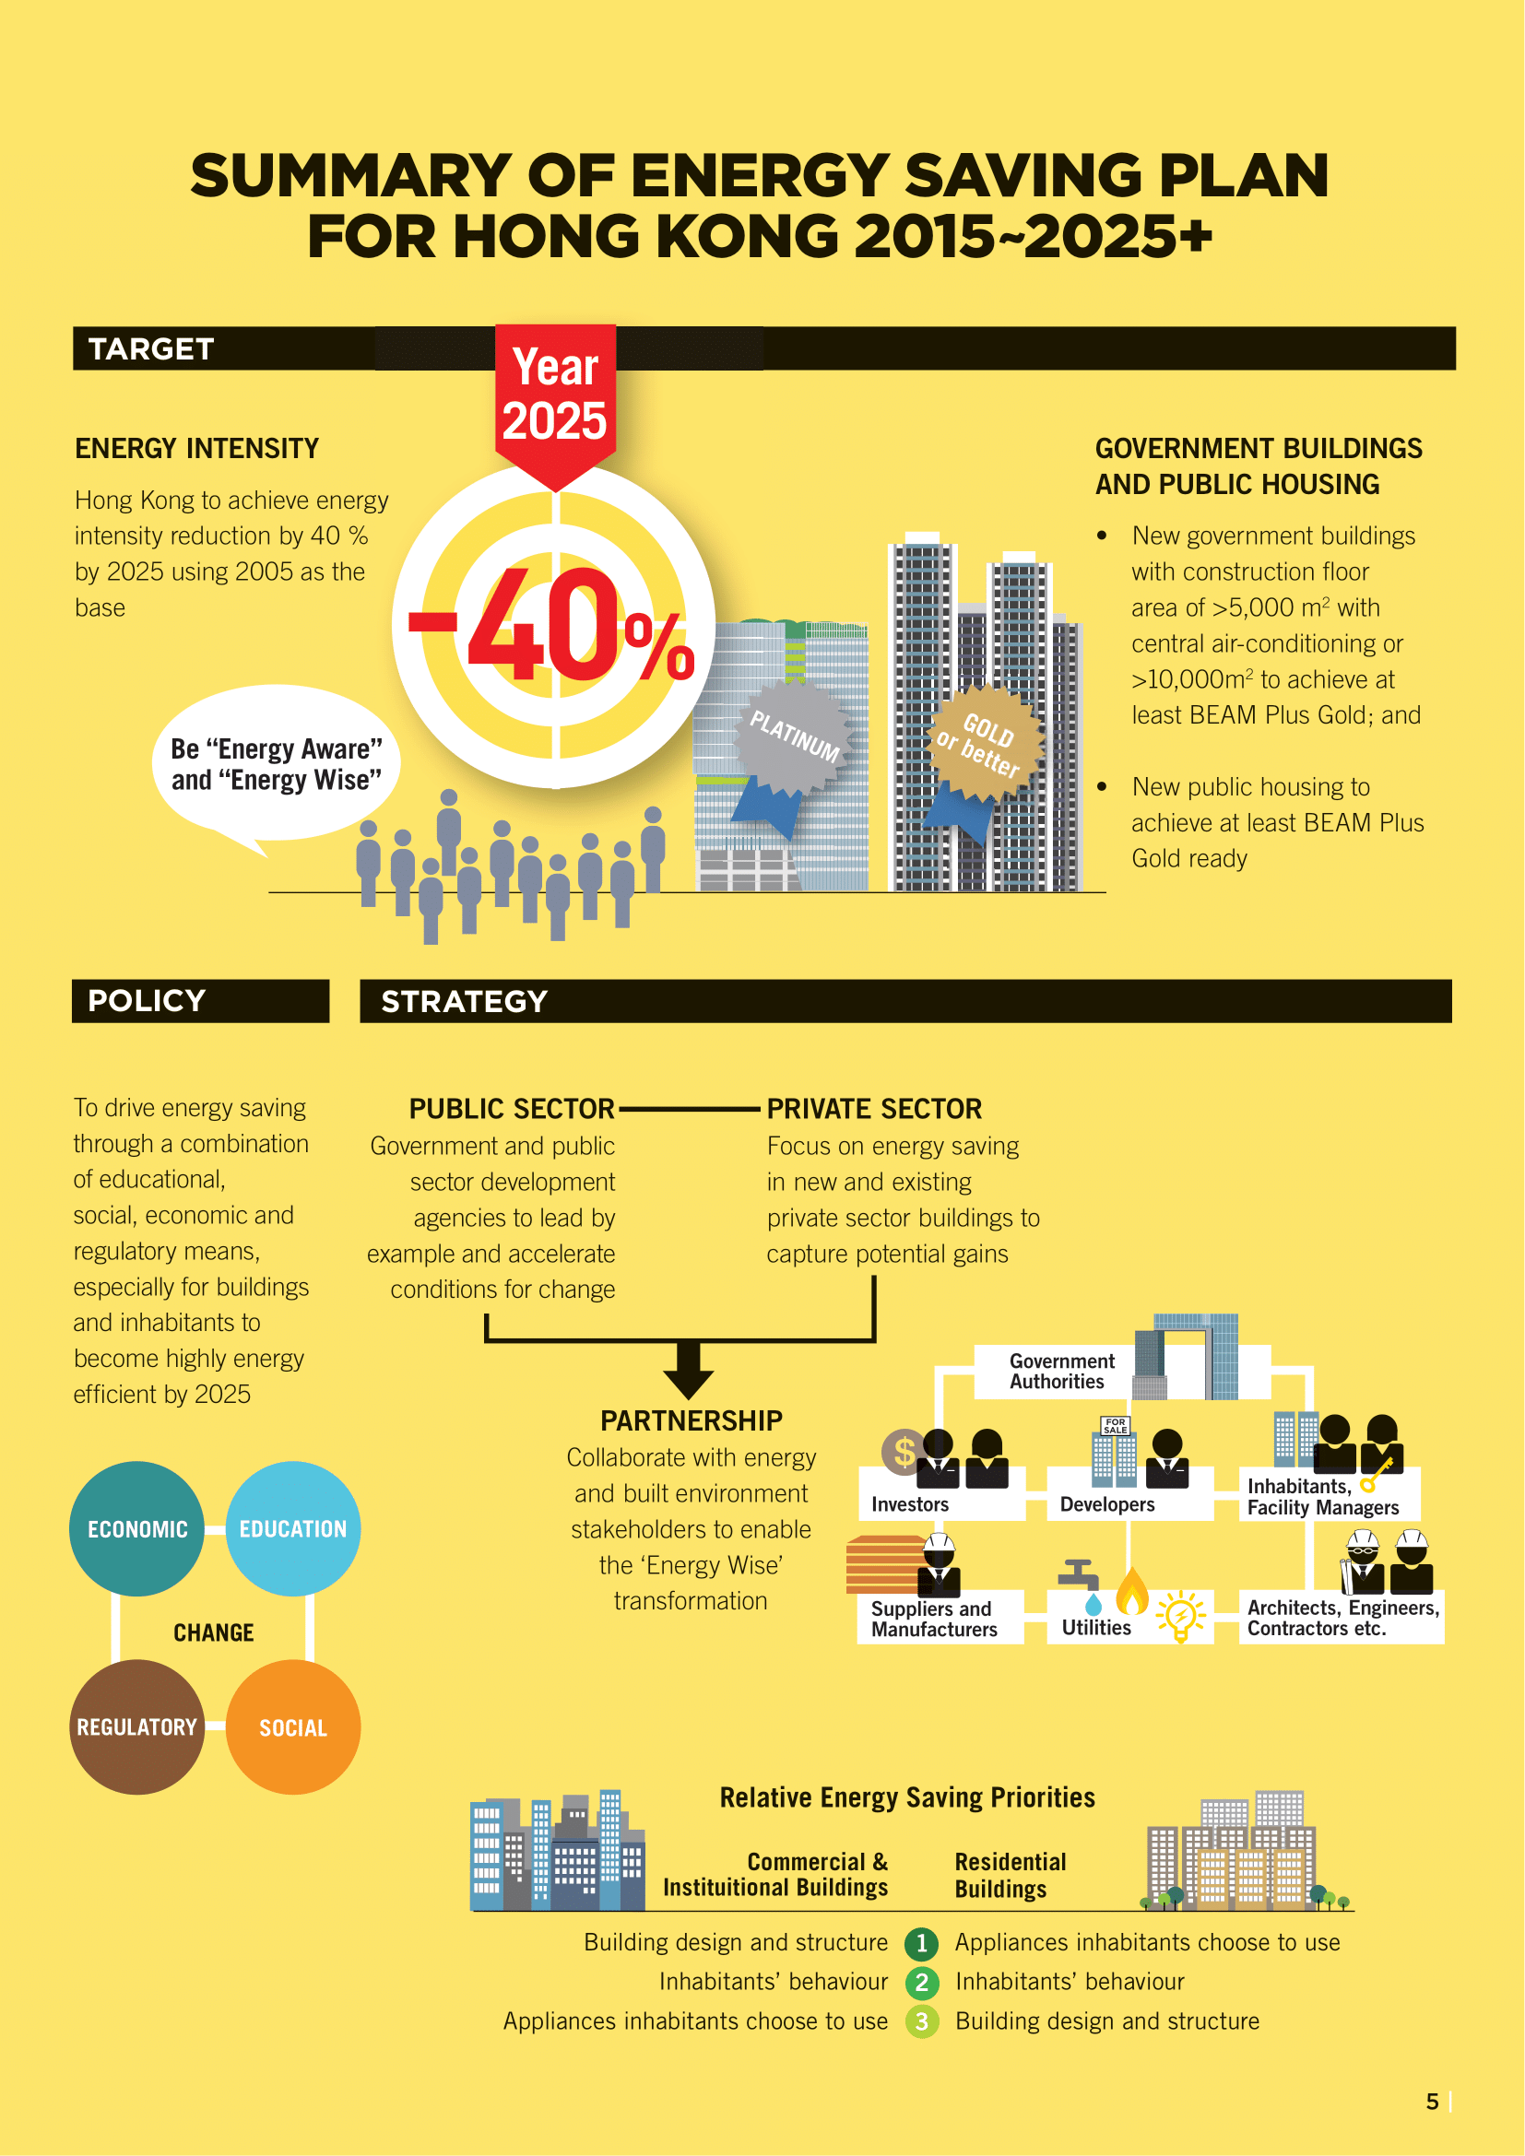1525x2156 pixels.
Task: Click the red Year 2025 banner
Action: (x=555, y=395)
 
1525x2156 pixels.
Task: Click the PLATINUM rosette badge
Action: (x=795, y=736)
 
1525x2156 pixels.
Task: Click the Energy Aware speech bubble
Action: (x=276, y=763)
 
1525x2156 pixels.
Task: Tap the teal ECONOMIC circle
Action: (x=137, y=1528)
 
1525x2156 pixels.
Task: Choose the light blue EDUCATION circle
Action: (x=293, y=1528)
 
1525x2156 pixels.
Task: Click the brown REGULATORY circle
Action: (x=137, y=1726)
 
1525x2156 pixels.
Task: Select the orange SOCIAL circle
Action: (x=293, y=1726)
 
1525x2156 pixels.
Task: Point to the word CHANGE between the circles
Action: (x=214, y=1633)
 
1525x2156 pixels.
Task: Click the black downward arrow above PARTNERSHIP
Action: (x=689, y=1370)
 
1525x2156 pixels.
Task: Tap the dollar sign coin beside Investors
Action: (x=904, y=1452)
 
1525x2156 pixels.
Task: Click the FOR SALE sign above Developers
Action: (x=1116, y=1425)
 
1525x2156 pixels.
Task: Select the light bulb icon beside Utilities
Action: (x=1180, y=1616)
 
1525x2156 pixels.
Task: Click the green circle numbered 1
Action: (x=922, y=1943)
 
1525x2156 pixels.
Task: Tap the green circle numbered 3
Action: (x=922, y=2021)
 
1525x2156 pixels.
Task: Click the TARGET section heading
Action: (x=151, y=349)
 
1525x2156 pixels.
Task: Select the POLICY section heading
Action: (x=147, y=1001)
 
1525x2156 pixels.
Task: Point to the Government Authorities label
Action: (x=1061, y=1371)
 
